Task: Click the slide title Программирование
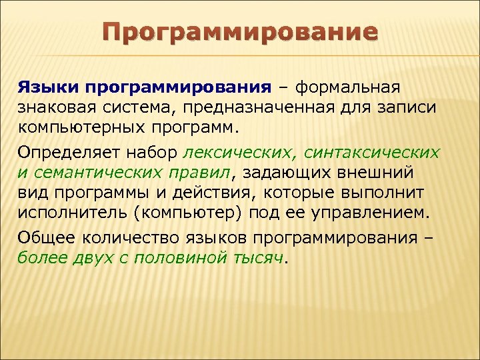point(241,31)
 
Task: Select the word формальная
point(347,88)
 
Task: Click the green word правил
point(203,173)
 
